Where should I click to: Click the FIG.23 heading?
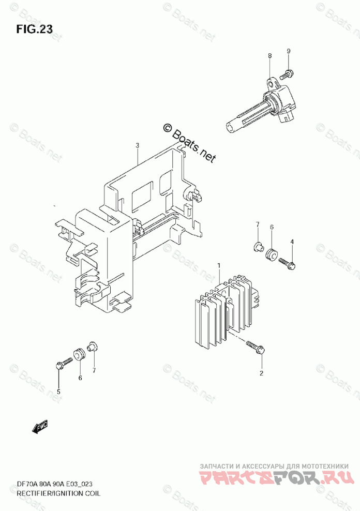pyautogui.click(x=34, y=29)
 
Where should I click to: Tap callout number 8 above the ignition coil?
pyautogui.click(x=269, y=55)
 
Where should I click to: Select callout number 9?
pyautogui.click(x=289, y=50)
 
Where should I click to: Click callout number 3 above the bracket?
pyautogui.click(x=138, y=145)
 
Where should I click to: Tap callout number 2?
pyautogui.click(x=261, y=373)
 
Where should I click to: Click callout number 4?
pyautogui.click(x=292, y=242)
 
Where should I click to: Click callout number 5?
pyautogui.click(x=58, y=392)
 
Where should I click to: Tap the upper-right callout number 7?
pyautogui.click(x=257, y=224)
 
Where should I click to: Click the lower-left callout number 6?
pyautogui.click(x=80, y=378)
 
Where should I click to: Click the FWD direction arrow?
pyautogui.click(x=40, y=427)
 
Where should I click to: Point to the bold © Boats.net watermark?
pyautogui.click(x=188, y=143)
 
